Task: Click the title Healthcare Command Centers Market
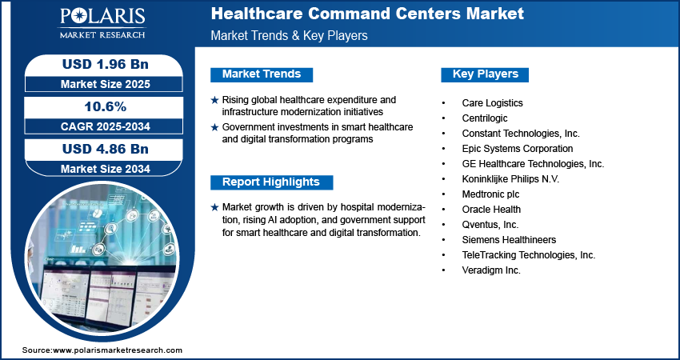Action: pyautogui.click(x=367, y=14)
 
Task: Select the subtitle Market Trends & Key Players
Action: pyautogui.click(x=289, y=36)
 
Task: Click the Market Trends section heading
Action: pyautogui.click(x=262, y=74)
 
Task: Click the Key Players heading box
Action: pyautogui.click(x=486, y=74)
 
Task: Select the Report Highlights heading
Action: pyautogui.click(x=271, y=182)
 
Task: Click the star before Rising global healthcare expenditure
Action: pyautogui.click(x=214, y=100)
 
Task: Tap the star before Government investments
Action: pyautogui.click(x=214, y=127)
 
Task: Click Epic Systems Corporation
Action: pyautogui.click(x=517, y=149)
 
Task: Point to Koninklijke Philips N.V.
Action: pyautogui.click(x=510, y=179)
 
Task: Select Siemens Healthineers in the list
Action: pyautogui.click(x=509, y=240)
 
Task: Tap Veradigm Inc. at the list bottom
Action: pyautogui.click(x=491, y=270)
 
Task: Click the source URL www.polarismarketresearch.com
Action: pyautogui.click(x=118, y=350)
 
